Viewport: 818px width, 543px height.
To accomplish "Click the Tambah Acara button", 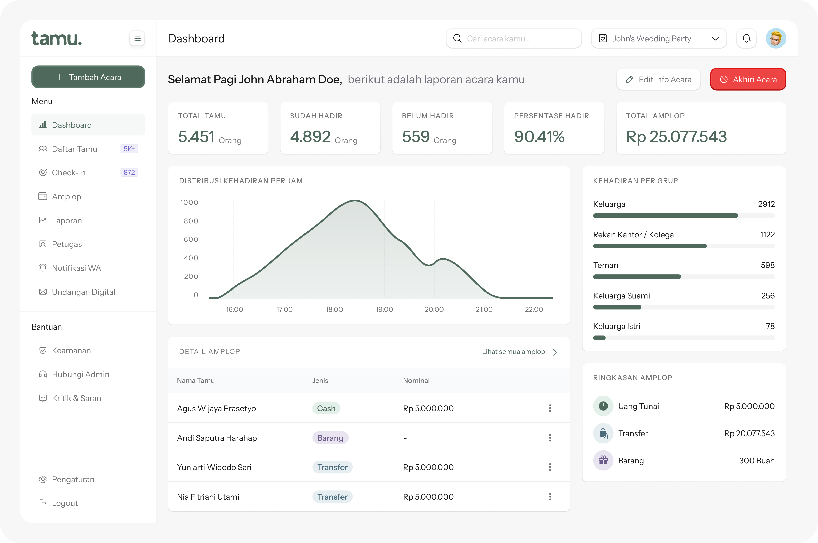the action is pyautogui.click(x=88, y=77).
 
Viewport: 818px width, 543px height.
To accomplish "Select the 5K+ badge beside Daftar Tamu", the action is pyautogui.click(x=129, y=149).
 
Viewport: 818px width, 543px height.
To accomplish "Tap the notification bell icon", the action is pyautogui.click(x=746, y=39).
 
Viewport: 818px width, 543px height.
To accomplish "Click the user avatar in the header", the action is pyautogui.click(x=776, y=39).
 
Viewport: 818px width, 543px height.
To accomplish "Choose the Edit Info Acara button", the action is pyautogui.click(x=658, y=79).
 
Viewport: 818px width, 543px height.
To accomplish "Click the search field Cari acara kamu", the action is pyautogui.click(x=514, y=39).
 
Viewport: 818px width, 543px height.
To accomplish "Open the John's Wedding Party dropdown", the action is pyautogui.click(x=659, y=39).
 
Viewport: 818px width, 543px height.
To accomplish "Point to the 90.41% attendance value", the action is pyautogui.click(x=539, y=136).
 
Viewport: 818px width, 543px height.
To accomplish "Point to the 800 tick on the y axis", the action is pyautogui.click(x=191, y=221).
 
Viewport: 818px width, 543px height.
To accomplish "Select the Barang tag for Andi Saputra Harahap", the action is pyautogui.click(x=330, y=438).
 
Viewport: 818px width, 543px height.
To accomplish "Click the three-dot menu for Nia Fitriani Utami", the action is pyautogui.click(x=550, y=497).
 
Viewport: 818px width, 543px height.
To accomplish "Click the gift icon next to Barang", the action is pyautogui.click(x=603, y=460).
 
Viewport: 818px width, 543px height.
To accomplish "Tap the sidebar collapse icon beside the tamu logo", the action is pyautogui.click(x=137, y=39).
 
